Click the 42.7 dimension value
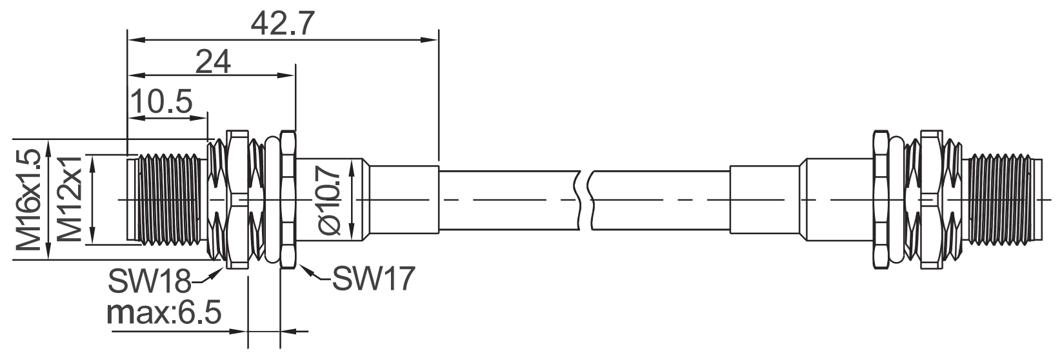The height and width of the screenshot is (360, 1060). pyautogui.click(x=283, y=24)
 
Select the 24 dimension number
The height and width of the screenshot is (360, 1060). pyautogui.click(x=213, y=61)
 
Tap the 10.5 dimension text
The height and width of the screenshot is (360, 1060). pyautogui.click(x=161, y=101)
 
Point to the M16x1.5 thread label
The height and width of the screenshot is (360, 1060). pyautogui.click(x=28, y=199)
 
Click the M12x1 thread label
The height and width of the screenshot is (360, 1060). pyautogui.click(x=70, y=199)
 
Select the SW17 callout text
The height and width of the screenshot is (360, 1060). pyautogui.click(x=374, y=278)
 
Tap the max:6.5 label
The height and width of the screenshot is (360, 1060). pyautogui.click(x=165, y=312)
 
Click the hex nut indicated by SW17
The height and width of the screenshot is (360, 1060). pyautogui.click(x=288, y=199)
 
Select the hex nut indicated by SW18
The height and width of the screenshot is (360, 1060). pyautogui.click(x=237, y=199)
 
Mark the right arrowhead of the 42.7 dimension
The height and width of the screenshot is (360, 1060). pyautogui.click(x=430, y=40)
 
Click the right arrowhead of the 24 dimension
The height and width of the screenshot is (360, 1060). pyautogui.click(x=286, y=75)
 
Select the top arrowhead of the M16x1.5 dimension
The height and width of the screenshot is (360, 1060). pyautogui.click(x=49, y=148)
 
